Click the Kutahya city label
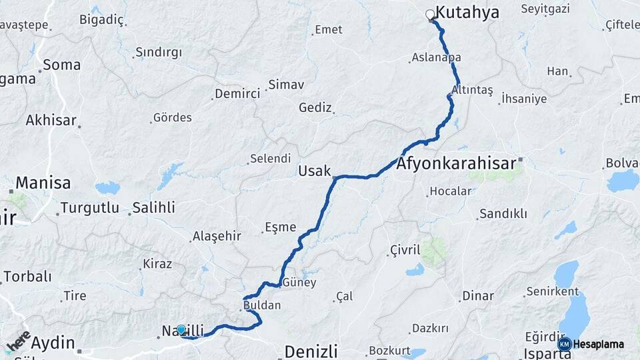tap(467, 13)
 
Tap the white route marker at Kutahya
tap(430, 13)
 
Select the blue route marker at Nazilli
tap(181, 329)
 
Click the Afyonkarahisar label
tap(457, 163)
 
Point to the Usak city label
tap(315, 171)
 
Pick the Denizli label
tap(311, 351)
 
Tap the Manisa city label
tap(43, 182)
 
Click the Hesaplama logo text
tap(599, 345)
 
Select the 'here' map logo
tap(18, 341)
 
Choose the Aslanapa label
tap(437, 58)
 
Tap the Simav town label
tap(286, 85)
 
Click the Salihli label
tap(153, 207)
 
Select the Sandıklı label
tap(503, 214)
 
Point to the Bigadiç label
tap(101, 19)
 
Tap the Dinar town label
tap(478, 295)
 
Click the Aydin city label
tap(53, 343)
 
